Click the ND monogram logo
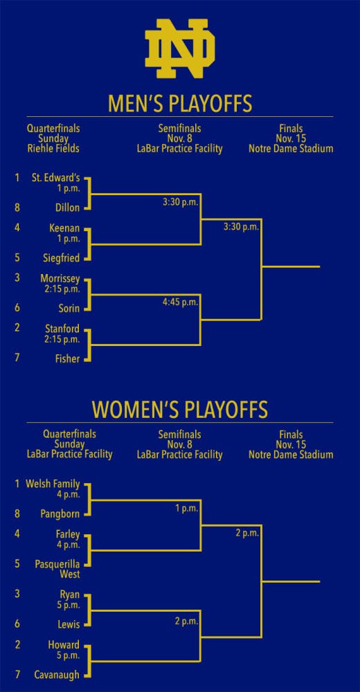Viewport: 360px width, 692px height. coord(180,48)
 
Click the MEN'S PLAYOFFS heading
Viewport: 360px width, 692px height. coord(180,104)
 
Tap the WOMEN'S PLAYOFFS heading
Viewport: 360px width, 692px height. coord(180,410)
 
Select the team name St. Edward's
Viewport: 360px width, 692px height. coord(55,179)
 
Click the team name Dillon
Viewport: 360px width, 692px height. coord(68,208)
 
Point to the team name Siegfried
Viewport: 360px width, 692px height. coord(62,258)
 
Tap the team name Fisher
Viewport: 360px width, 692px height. coord(68,358)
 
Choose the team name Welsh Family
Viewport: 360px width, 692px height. coord(53,484)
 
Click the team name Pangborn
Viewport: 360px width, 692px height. coord(60,513)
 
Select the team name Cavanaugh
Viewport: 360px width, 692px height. coord(57,675)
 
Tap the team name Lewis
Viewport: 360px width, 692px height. coord(69,624)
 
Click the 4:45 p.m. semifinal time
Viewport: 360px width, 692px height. coord(181,303)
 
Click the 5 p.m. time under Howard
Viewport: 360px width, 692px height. coord(69,655)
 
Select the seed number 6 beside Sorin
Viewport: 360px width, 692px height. coord(17,308)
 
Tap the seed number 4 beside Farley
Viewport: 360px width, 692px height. coord(17,534)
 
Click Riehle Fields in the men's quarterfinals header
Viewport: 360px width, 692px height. coord(53,149)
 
